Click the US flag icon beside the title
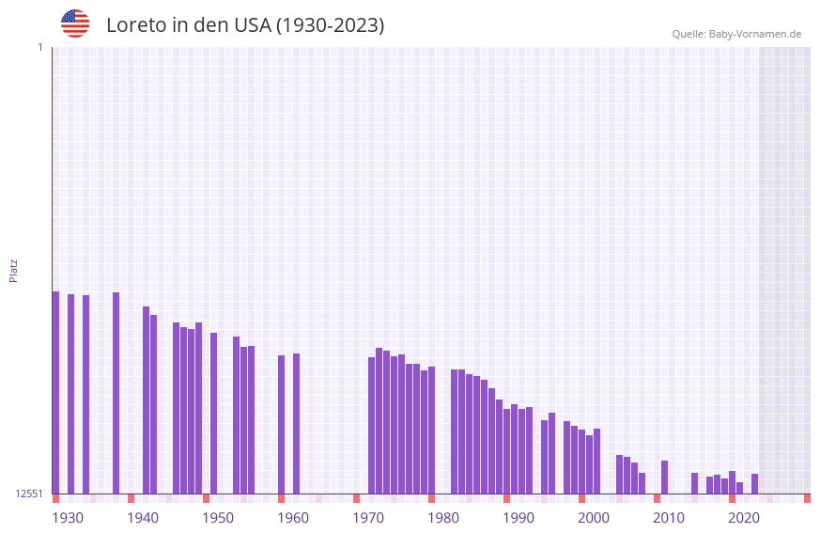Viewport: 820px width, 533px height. [75, 24]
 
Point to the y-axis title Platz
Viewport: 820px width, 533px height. [14, 270]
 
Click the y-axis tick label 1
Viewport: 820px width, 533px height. [39, 48]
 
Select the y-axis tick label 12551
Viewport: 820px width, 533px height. [28, 494]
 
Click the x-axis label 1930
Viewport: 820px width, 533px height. [68, 518]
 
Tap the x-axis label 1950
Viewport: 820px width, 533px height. [218, 518]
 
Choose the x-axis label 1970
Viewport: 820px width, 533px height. [368, 518]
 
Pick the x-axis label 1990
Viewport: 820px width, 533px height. [518, 518]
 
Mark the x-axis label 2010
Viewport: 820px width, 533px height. [669, 518]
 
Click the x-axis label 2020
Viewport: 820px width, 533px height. [744, 518]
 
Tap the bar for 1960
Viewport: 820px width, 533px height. [282, 424]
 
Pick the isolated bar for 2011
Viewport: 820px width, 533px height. [665, 477]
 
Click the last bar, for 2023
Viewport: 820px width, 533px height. [755, 483]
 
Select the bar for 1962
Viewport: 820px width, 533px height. [297, 423]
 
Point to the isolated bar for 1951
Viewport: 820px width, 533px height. [214, 413]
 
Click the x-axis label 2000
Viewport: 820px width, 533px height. [594, 518]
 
